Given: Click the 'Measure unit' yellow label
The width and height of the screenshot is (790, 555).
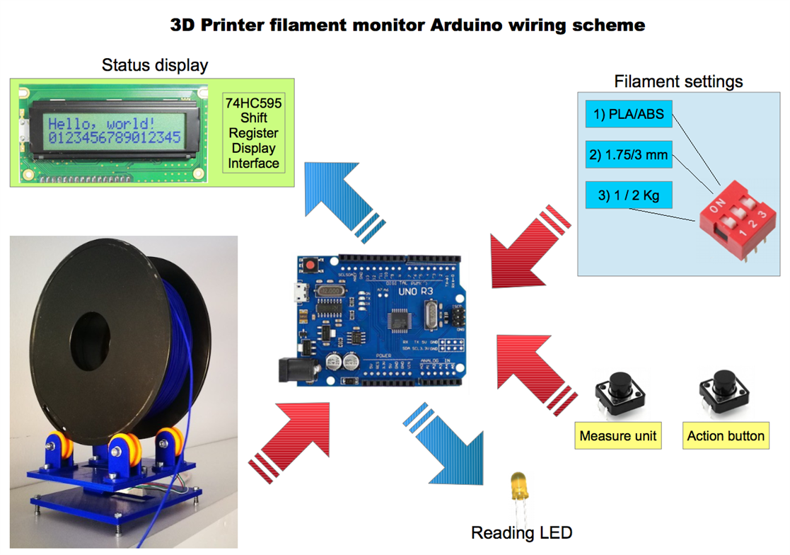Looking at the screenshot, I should (617, 435).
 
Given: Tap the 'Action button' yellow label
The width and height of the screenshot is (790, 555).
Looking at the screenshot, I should (726, 435).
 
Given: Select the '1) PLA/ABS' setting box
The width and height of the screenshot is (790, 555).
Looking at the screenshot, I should (629, 115).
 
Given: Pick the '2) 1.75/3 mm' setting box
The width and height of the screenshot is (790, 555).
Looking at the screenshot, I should (629, 155).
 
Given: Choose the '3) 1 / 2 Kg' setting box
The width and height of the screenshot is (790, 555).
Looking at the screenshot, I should (629, 195).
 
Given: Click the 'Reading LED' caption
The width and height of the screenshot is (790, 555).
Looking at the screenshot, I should (521, 533).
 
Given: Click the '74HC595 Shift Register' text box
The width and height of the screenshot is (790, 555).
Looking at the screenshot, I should (253, 133).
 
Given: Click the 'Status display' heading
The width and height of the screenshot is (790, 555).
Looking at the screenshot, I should (155, 66).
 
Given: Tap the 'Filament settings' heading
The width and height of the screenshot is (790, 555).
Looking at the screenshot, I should (678, 81).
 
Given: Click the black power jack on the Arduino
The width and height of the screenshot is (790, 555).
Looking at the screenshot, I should (292, 371).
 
